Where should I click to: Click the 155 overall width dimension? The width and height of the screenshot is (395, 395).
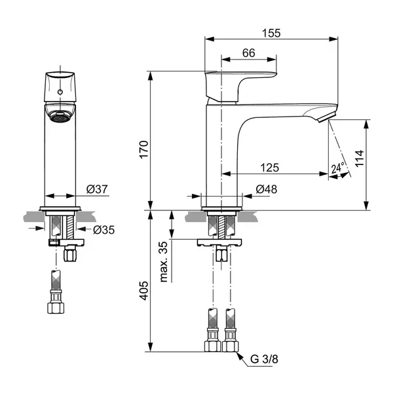[x=271, y=33]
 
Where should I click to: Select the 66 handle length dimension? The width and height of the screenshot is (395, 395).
[x=249, y=53]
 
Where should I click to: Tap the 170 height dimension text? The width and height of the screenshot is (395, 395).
[x=144, y=149]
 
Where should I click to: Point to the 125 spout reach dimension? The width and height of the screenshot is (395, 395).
[x=269, y=168]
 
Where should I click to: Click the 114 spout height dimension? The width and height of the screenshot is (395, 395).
[x=360, y=159]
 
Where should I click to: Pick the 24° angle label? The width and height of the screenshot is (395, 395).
[x=338, y=168]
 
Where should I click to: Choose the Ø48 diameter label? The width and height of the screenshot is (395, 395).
[x=267, y=189]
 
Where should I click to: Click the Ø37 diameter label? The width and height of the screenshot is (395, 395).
[x=97, y=189]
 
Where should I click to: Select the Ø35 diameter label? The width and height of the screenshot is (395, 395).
[x=103, y=230]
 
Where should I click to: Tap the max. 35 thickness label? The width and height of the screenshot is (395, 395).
[x=164, y=262]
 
